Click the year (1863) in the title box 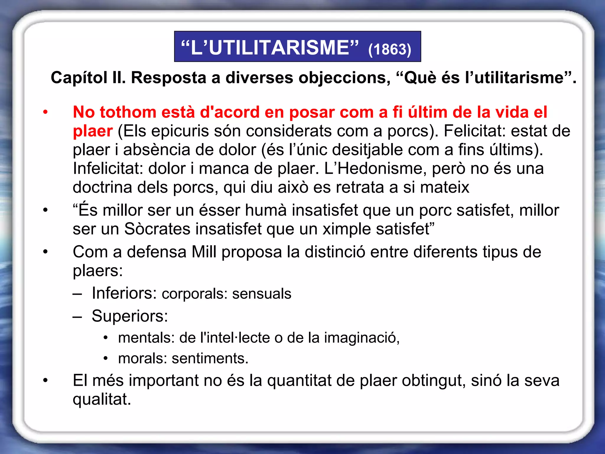(x=389, y=49)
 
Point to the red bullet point (x=45, y=112)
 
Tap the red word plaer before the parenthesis (x=92, y=131)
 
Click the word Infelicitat (x=108, y=168)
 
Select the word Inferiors (x=124, y=293)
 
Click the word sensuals (x=261, y=294)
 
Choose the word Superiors (x=129, y=316)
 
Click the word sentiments (x=210, y=358)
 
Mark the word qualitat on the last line (x=102, y=399)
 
